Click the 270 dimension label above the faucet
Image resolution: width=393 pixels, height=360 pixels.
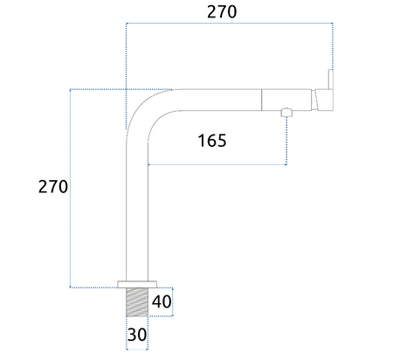pyautogui.click(x=222, y=12)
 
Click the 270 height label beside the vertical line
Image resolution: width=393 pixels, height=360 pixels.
pyautogui.click(x=53, y=187)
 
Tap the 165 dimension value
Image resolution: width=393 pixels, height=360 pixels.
pyautogui.click(x=212, y=141)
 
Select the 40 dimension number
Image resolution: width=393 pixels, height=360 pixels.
pyautogui.click(x=162, y=301)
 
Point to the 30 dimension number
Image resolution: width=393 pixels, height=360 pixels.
pyautogui.click(x=137, y=335)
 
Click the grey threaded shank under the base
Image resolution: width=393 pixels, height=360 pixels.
pyautogui.click(x=137, y=302)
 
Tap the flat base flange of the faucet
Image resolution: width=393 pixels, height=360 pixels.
pyautogui.click(x=137, y=284)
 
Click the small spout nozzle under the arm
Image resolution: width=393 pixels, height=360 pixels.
pyautogui.click(x=286, y=113)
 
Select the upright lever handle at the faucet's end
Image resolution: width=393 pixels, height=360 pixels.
pyautogui.click(x=331, y=80)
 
